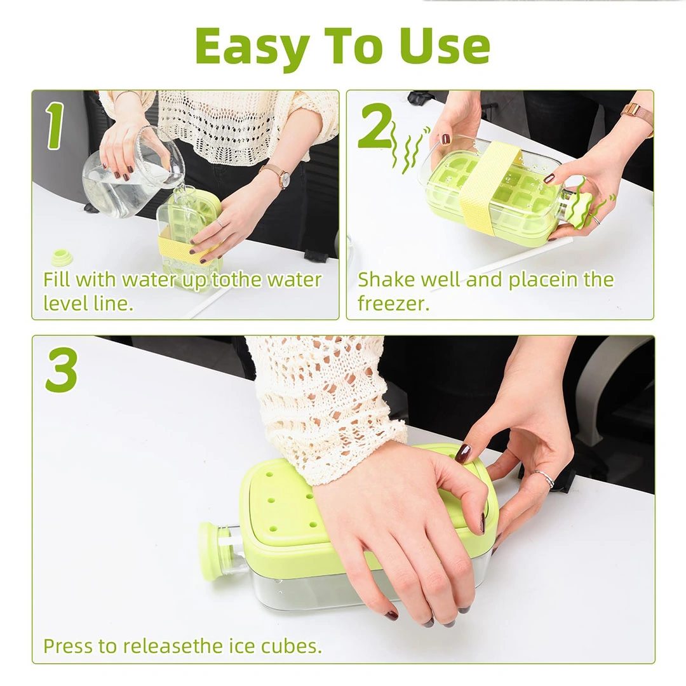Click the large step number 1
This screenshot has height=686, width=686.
55,126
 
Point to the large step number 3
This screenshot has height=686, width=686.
61,370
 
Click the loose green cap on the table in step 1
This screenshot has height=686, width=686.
61,257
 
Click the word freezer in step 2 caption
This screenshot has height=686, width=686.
393,303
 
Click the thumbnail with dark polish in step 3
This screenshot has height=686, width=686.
463,454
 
